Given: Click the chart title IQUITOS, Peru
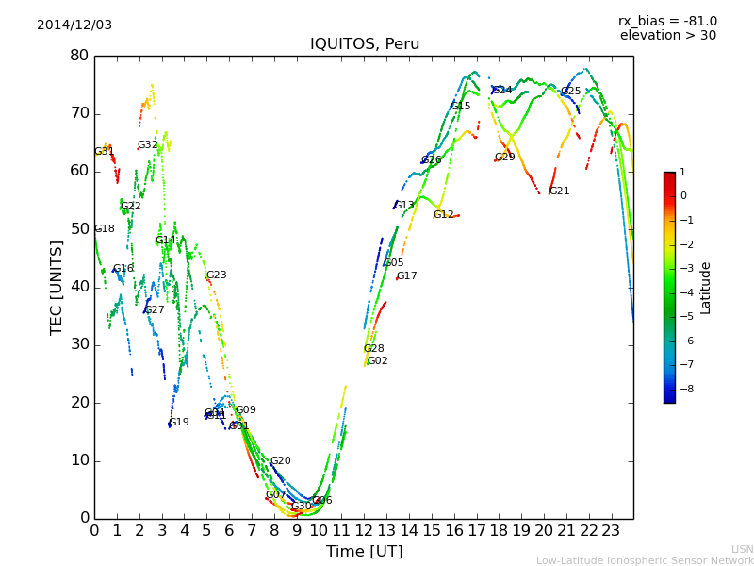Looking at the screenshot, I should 365,44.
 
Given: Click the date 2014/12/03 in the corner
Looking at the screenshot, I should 74,25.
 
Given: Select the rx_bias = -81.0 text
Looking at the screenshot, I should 667,21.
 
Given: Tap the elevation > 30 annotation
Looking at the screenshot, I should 667,36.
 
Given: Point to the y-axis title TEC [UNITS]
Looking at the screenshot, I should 57,287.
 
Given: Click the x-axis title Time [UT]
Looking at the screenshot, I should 364,551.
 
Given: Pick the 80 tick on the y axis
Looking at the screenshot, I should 79,56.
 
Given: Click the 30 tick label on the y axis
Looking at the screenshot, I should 79,344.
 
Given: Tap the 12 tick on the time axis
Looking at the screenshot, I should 364,531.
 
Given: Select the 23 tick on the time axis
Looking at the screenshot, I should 611,531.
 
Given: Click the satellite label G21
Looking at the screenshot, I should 559,191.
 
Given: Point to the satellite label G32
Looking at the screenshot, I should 148,145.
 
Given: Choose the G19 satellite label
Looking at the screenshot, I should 179,423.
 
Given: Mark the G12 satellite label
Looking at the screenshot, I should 444,215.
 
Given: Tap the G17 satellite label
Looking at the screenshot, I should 407,276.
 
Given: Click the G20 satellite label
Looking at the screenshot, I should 281,461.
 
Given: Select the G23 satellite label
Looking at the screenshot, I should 217,275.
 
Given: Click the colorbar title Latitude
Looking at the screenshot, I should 706,288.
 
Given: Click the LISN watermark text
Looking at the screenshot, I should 742,549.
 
